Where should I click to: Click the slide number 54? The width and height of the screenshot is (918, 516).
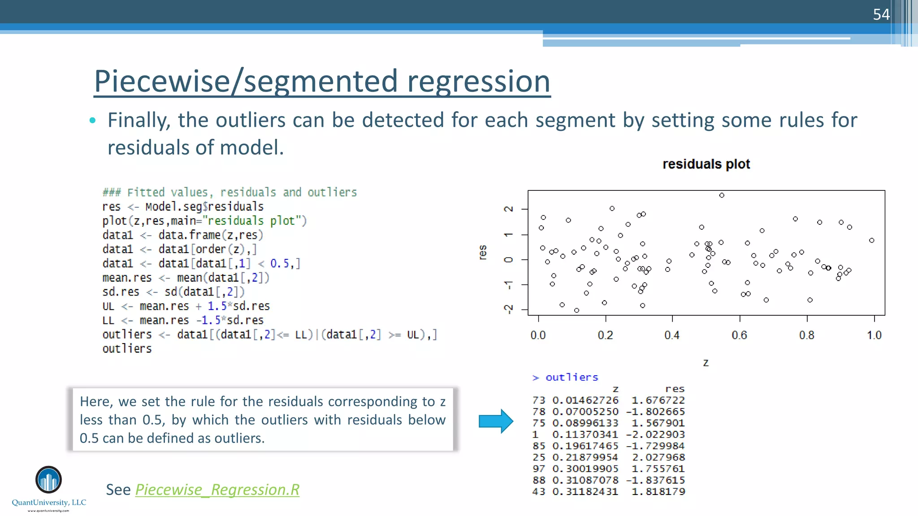[881, 15]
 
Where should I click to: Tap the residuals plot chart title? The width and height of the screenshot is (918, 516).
[706, 164]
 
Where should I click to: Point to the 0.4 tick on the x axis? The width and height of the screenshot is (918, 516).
[672, 335]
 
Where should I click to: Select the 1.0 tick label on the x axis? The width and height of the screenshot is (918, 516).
[874, 335]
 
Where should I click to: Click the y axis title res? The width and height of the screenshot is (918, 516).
[482, 252]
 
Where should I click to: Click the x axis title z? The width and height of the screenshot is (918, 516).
[706, 362]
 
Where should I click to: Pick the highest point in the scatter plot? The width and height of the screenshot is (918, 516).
[722, 195]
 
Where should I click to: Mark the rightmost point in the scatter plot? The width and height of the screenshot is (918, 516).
[871, 241]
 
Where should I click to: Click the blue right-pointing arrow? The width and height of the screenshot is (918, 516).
[495, 421]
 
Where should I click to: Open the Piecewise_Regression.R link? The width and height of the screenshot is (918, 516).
[217, 490]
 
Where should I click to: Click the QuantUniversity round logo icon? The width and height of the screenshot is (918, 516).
[48, 480]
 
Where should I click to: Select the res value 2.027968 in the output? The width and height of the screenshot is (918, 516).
[658, 457]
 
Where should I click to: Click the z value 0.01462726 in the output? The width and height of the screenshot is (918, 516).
[585, 400]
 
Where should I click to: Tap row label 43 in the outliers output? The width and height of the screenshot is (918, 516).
[539, 491]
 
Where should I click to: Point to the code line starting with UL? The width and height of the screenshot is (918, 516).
[186, 306]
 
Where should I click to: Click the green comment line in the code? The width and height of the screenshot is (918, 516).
[229, 193]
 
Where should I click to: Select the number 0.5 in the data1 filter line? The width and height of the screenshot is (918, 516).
[279, 263]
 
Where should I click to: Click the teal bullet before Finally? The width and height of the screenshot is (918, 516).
[93, 120]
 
